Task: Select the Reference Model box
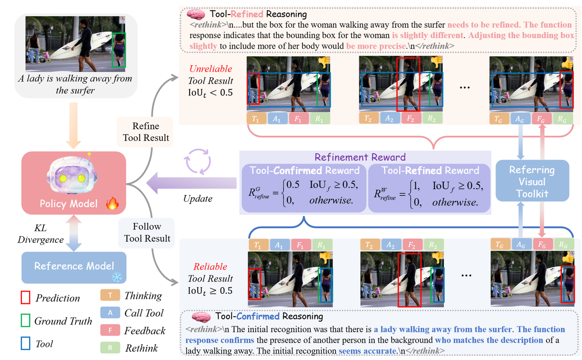point(74,266)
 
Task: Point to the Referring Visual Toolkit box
point(532,181)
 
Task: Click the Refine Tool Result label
point(146,132)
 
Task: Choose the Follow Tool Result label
point(147,232)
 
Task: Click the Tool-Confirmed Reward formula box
point(303,188)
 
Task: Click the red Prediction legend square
point(25,298)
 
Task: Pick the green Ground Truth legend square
point(25,321)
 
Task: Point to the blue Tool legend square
point(25,343)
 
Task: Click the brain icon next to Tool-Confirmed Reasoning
point(201,316)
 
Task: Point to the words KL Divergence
point(41,234)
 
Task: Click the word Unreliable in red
point(211,69)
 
